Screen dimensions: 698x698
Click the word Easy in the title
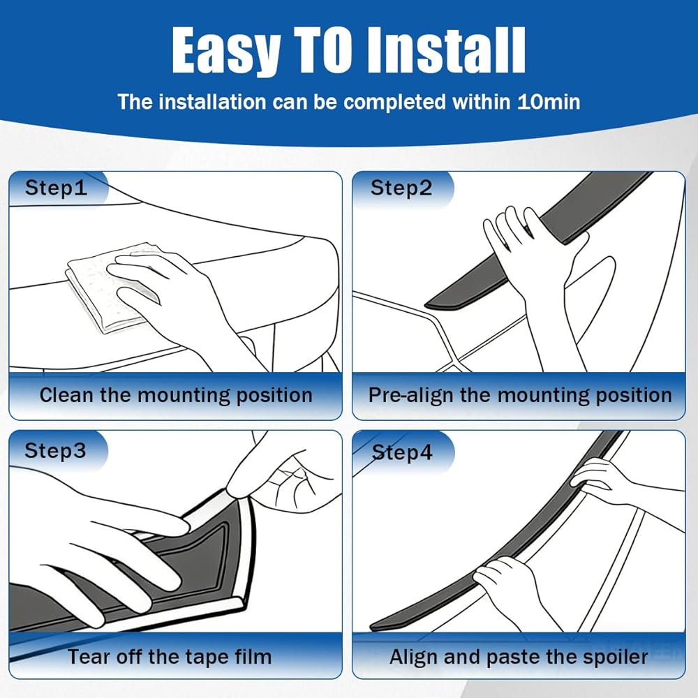(226, 51)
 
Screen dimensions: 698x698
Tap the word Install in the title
(447, 50)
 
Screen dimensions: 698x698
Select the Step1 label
(56, 188)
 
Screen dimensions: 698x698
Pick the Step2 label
(401, 188)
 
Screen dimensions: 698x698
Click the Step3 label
(55, 450)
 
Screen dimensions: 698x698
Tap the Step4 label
(402, 452)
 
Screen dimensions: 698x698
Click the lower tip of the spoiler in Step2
(426, 306)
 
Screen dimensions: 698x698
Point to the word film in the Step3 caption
(255, 657)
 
